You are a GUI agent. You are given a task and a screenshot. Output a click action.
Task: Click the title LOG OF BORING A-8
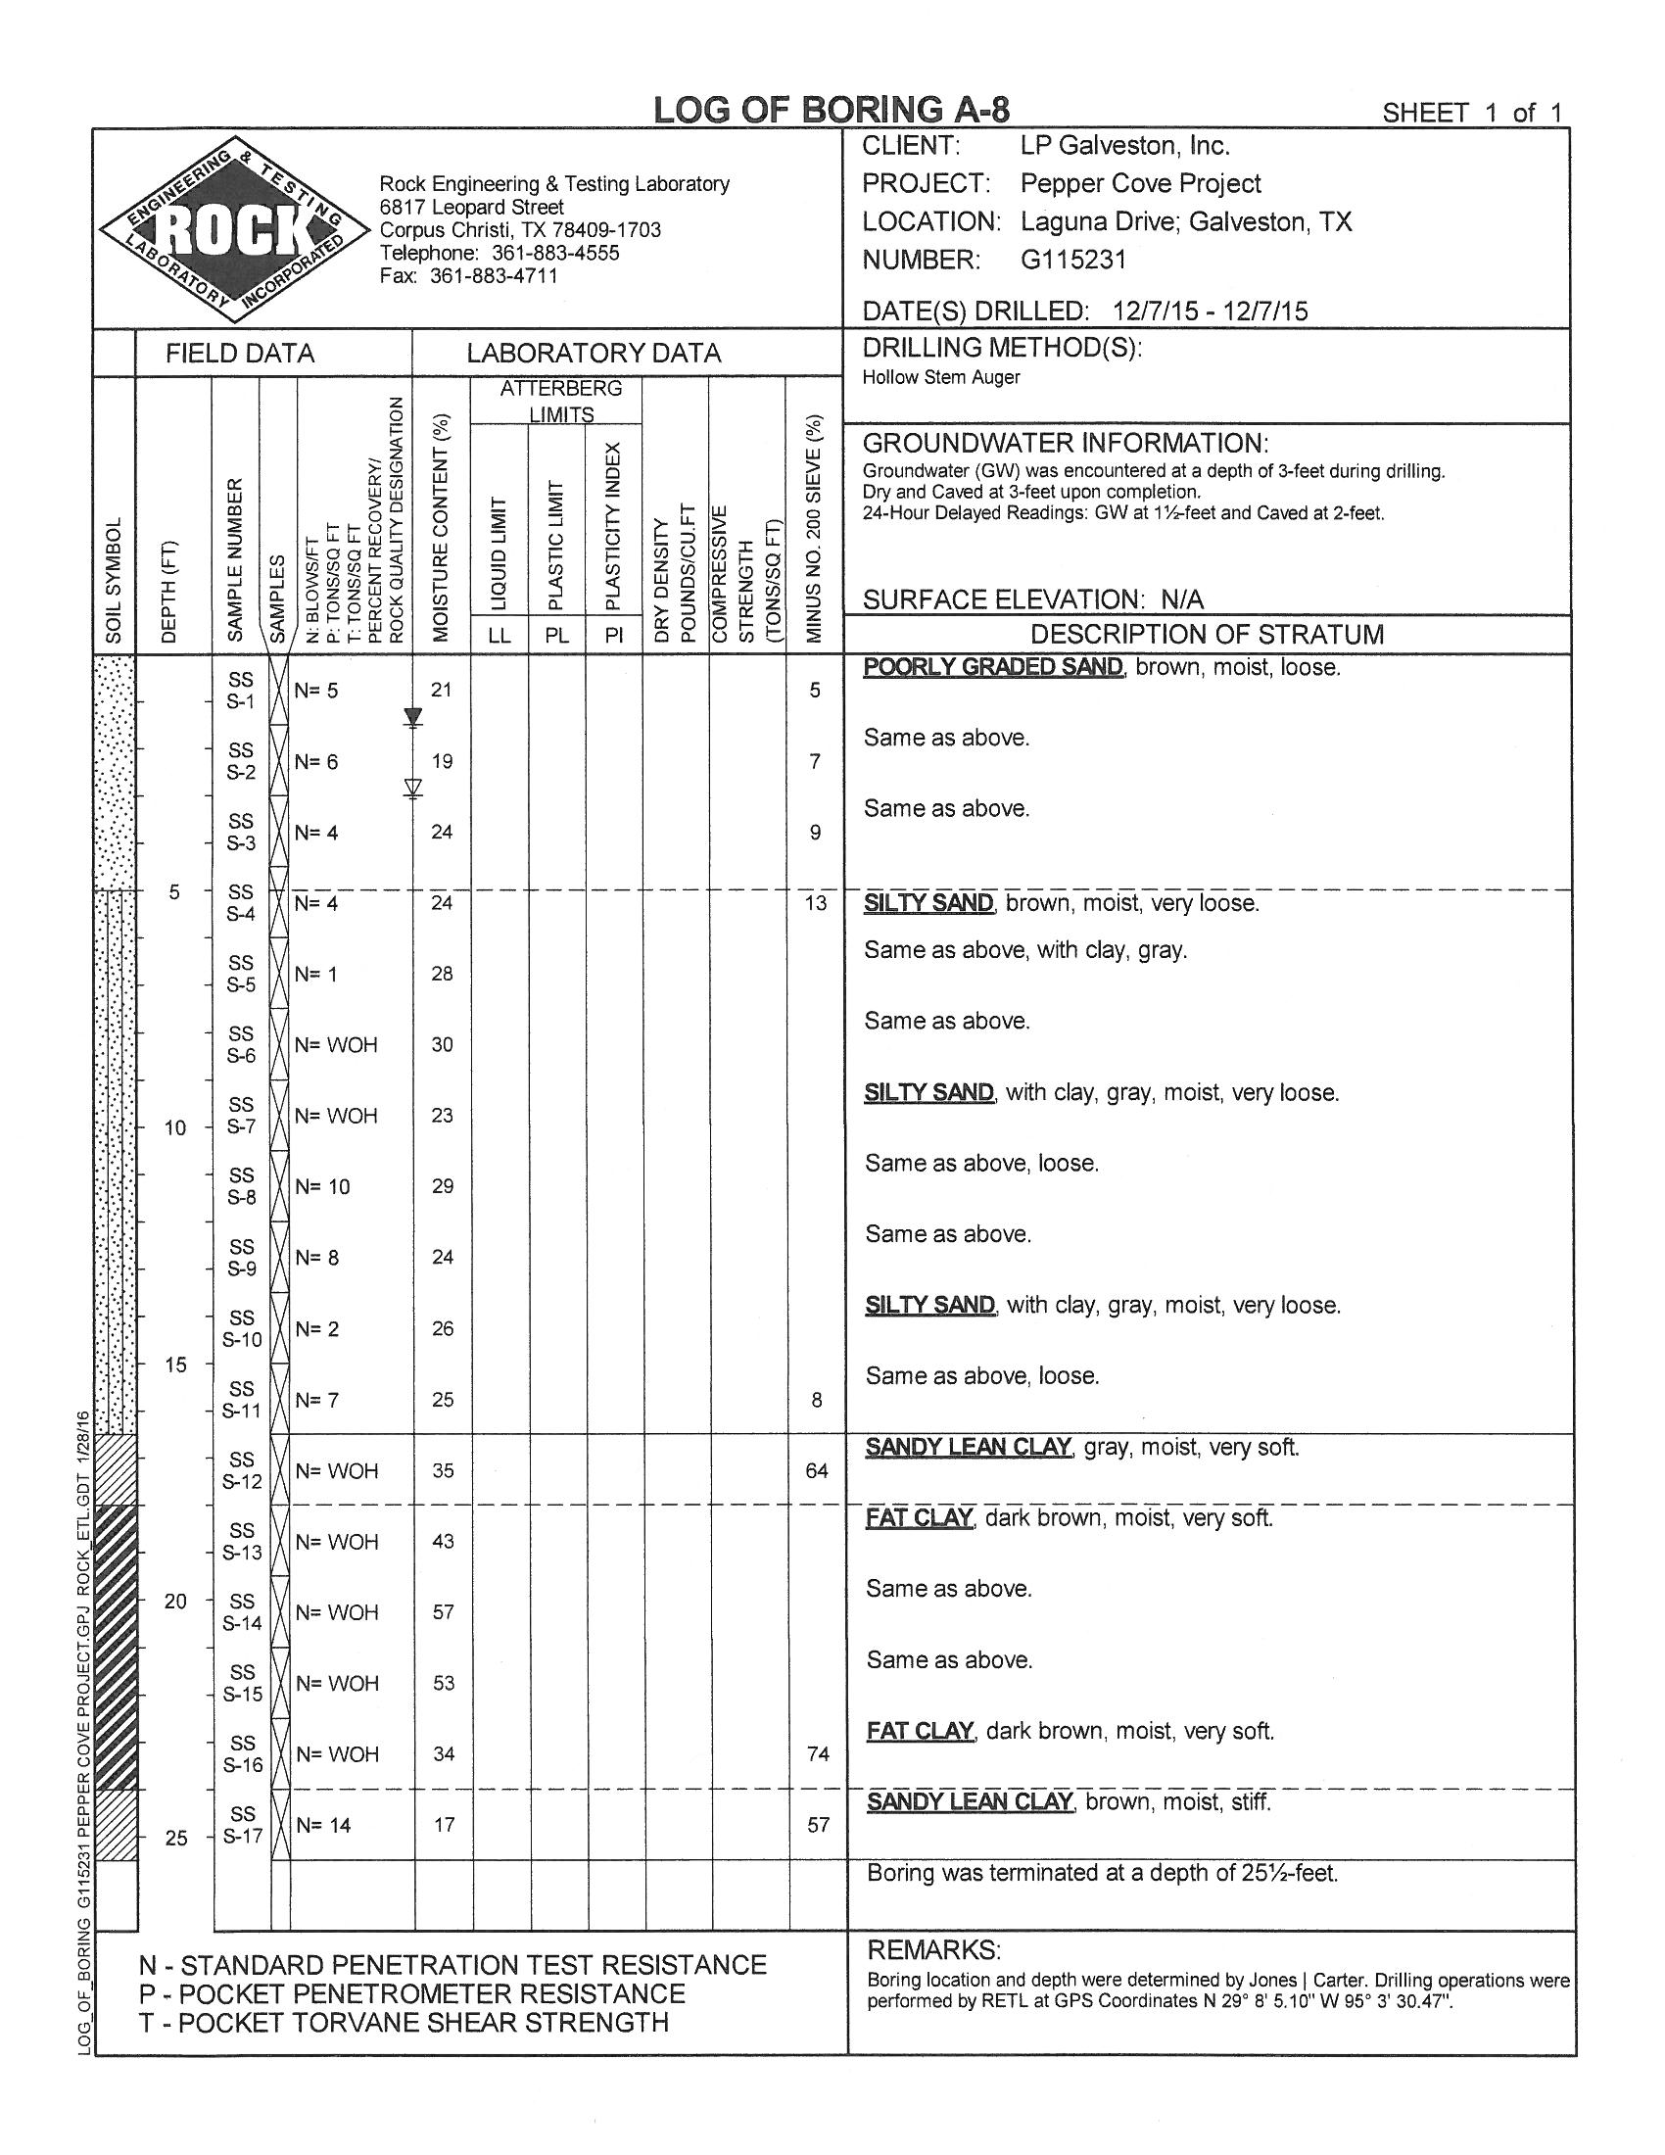pos(832,110)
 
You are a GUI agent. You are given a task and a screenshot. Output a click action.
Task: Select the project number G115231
pos(1072,260)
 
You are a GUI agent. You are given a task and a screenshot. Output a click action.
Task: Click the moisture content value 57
pos(443,1611)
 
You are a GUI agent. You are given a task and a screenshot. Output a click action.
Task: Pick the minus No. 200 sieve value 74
pos(818,1753)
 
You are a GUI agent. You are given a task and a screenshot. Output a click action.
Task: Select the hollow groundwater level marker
pos(413,788)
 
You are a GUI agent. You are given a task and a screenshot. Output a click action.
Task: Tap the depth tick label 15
pos(174,1365)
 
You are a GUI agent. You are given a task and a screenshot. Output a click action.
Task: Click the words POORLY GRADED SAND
pos(992,667)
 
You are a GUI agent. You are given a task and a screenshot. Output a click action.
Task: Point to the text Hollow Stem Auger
pos(941,377)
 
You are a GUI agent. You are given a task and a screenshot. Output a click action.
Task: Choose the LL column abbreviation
pos(499,635)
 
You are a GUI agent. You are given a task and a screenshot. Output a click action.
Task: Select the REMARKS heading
pos(933,1949)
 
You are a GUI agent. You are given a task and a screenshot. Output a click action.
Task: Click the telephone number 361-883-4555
pos(555,253)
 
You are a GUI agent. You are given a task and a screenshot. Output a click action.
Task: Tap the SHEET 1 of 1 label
pos(1472,113)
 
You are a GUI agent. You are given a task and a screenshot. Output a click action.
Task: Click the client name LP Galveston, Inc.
pos(1124,146)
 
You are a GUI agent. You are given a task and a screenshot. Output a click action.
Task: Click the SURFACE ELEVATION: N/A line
pos(1032,599)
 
